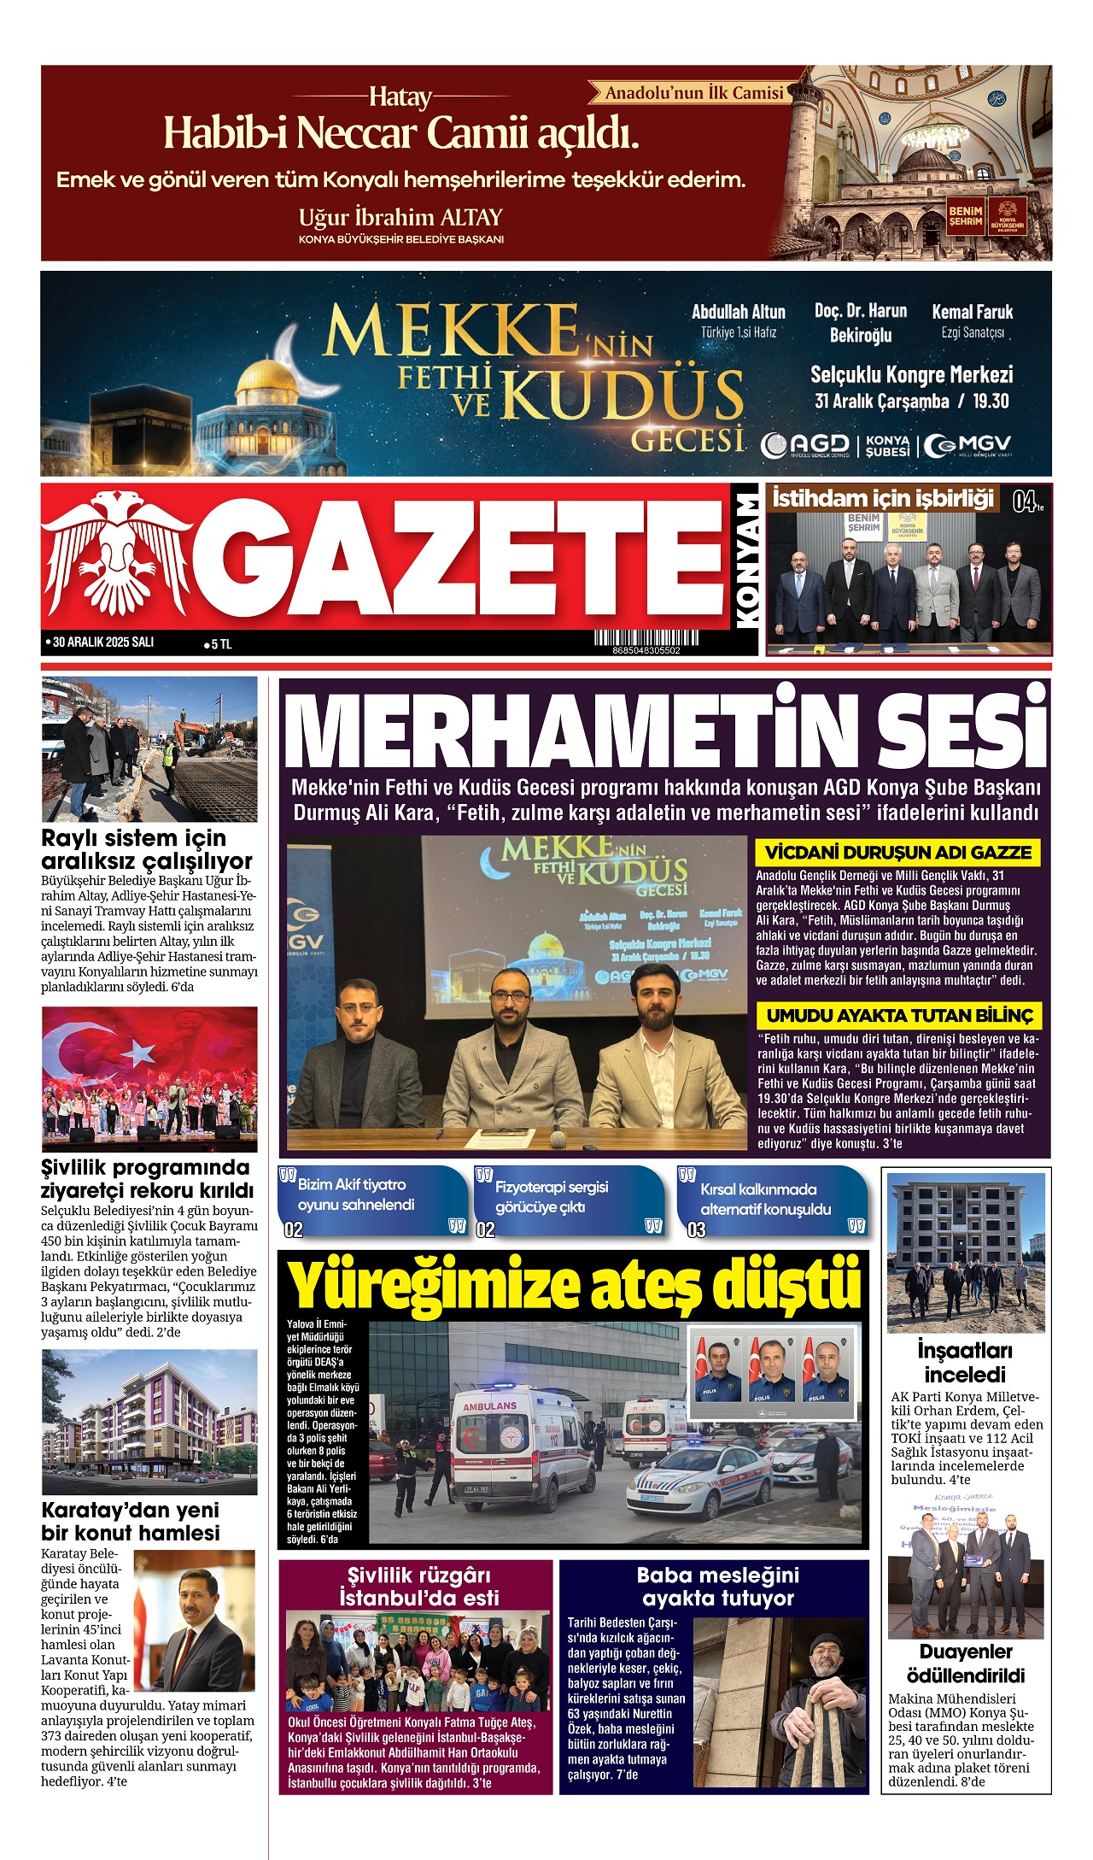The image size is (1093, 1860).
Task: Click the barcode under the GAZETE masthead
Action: [x=646, y=637]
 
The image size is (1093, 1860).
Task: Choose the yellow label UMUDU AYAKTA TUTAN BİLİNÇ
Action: [x=899, y=1015]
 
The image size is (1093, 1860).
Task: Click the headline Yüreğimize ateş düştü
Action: [x=573, y=1283]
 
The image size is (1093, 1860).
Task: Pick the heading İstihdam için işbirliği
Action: [x=883, y=498]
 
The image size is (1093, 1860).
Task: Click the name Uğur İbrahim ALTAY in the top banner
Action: [x=400, y=217]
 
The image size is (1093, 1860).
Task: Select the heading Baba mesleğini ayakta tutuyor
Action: [x=717, y=1587]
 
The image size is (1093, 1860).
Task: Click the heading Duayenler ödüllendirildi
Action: [x=965, y=1663]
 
